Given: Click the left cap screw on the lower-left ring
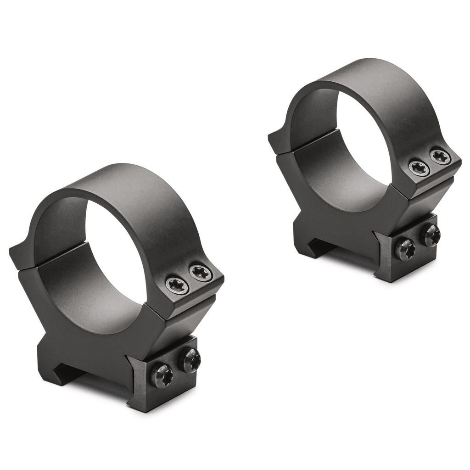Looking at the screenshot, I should (177, 285).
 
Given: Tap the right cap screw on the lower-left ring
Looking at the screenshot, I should (201, 274).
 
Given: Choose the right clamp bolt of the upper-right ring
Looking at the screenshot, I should (431, 235).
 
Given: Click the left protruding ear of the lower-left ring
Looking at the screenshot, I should (21, 257).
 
